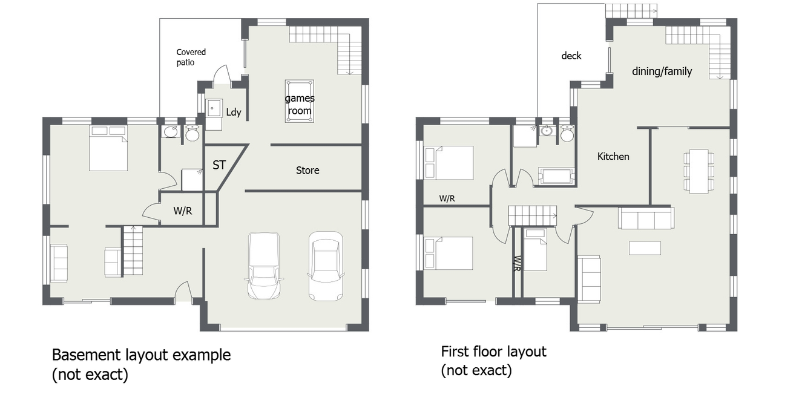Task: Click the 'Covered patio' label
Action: [191, 57]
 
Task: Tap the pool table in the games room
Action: [300, 101]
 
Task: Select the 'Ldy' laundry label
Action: [234, 113]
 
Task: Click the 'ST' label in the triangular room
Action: [219, 165]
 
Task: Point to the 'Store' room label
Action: [307, 171]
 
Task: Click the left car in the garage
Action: [264, 266]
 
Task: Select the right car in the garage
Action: [326, 266]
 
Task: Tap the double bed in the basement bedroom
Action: [108, 148]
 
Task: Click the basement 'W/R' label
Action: [183, 211]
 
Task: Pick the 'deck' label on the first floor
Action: [571, 56]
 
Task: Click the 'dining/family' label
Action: [662, 71]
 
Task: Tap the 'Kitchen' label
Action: [613, 157]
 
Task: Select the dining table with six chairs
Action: [699, 171]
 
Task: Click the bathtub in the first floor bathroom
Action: [557, 175]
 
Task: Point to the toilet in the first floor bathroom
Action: [567, 133]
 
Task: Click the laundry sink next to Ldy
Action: [214, 108]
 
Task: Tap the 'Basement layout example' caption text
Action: [141, 355]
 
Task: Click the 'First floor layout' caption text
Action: [494, 352]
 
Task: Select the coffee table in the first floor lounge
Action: [645, 248]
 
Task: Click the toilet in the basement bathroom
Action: [192, 133]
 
